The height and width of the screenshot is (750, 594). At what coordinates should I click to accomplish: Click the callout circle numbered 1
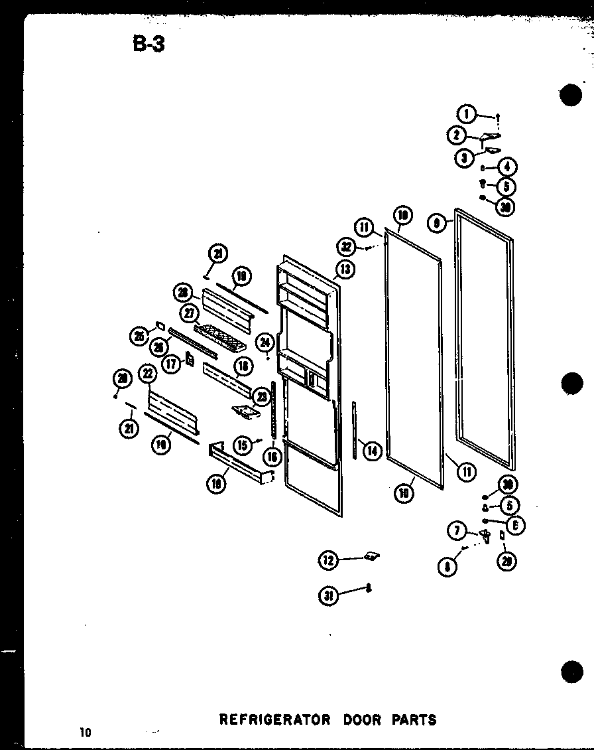click(467, 115)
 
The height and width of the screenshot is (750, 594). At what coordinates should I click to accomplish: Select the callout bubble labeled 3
click(464, 157)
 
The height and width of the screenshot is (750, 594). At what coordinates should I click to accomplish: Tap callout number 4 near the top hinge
click(509, 167)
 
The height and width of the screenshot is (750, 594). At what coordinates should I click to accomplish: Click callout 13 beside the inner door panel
click(345, 269)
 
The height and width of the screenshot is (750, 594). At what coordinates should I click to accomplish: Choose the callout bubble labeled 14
click(373, 451)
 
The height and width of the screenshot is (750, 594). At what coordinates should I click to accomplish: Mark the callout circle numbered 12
click(328, 561)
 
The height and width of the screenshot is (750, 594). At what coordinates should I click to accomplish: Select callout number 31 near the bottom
click(328, 596)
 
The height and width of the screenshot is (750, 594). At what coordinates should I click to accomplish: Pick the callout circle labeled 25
click(139, 337)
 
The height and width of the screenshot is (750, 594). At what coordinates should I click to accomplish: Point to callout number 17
click(172, 363)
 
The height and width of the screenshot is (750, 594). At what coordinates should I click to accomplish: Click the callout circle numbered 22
click(147, 375)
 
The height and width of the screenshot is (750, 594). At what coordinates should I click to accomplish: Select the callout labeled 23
click(262, 397)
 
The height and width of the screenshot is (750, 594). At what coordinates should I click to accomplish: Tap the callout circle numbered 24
click(265, 343)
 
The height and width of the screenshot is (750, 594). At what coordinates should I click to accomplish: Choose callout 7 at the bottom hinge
click(456, 530)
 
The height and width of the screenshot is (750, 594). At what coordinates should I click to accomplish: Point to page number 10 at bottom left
click(84, 733)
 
